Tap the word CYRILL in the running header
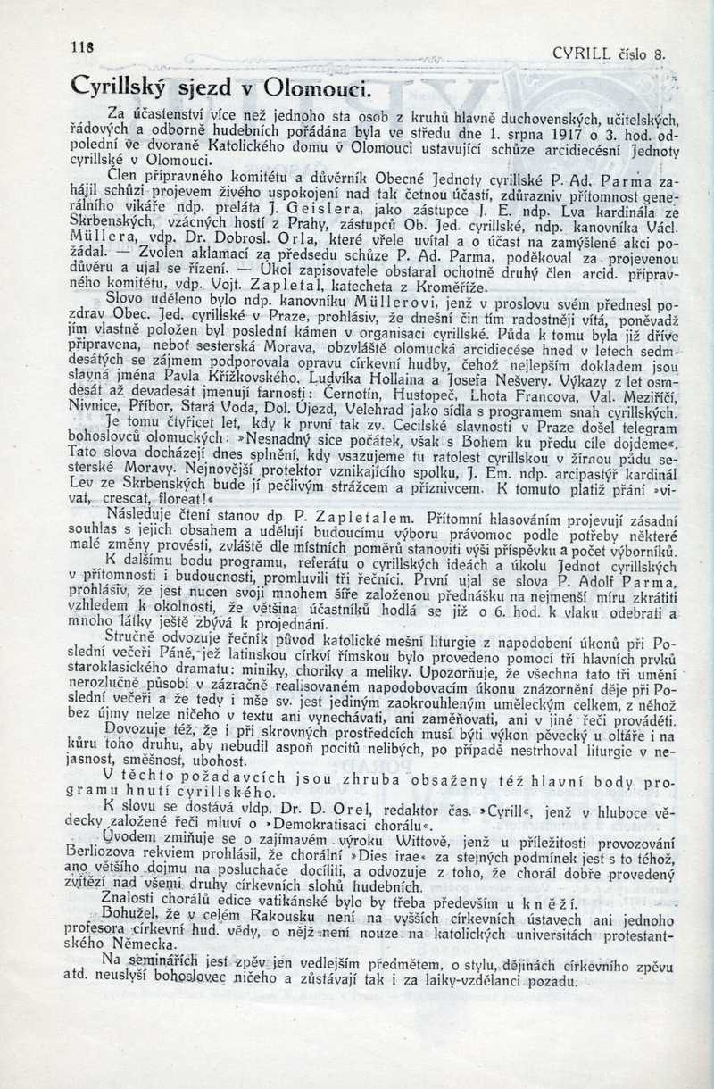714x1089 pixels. [x=582, y=53]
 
